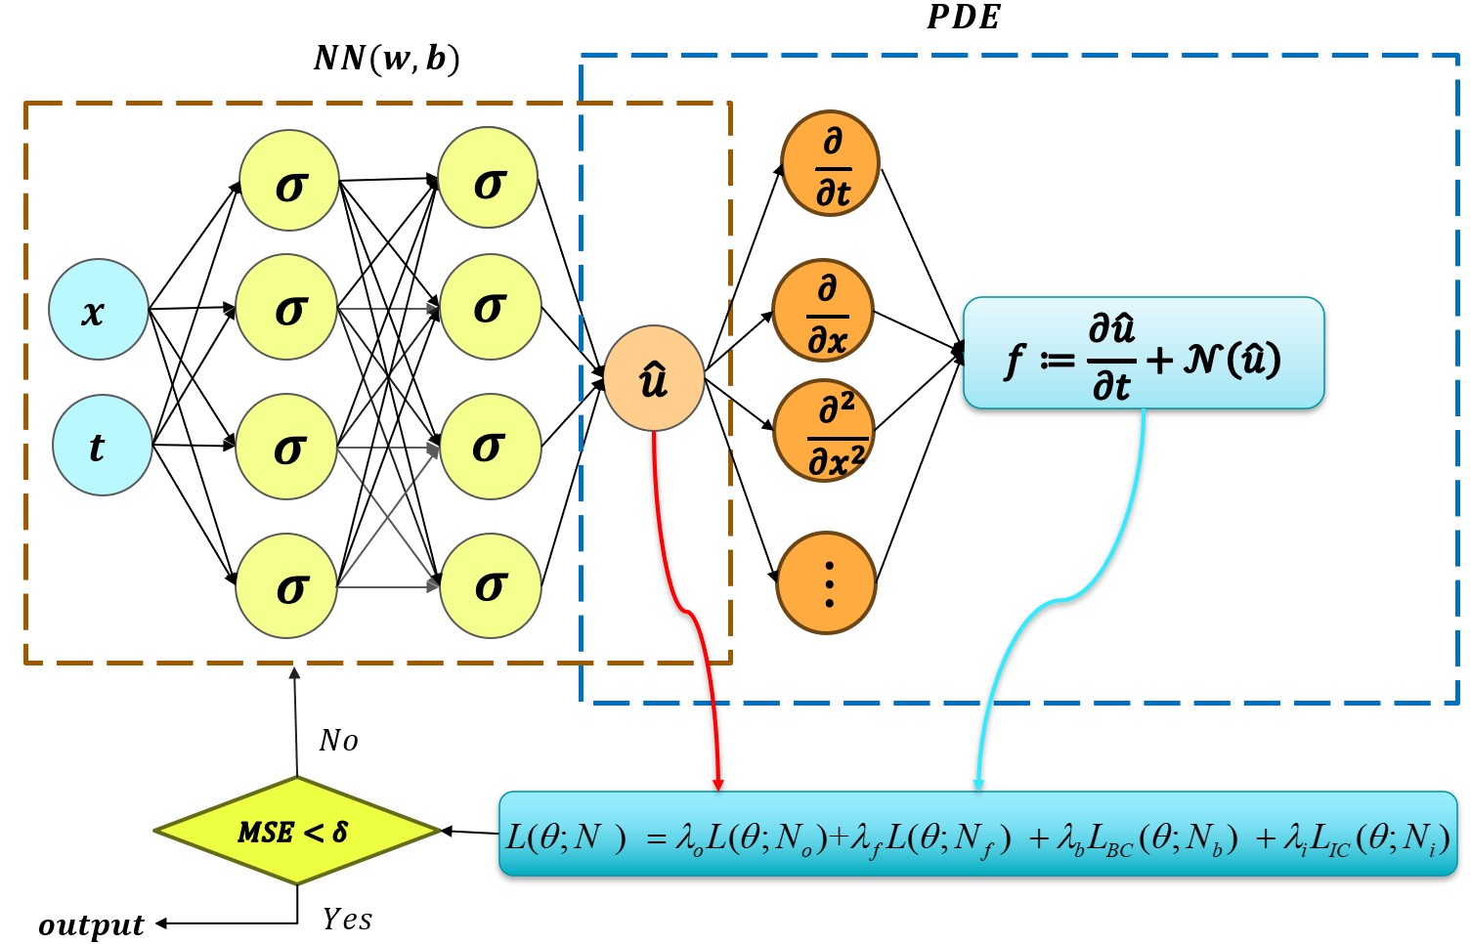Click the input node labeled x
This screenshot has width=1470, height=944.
pyautogui.click(x=98, y=309)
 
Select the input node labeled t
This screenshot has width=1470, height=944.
pyautogui.click(x=102, y=446)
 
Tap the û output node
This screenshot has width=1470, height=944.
pyautogui.click(x=654, y=378)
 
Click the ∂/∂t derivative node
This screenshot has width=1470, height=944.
pyautogui.click(x=830, y=163)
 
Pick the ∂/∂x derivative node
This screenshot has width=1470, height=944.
pyautogui.click(x=823, y=312)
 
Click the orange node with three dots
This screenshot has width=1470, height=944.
pyautogui.click(x=827, y=583)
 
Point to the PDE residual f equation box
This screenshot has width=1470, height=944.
pyautogui.click(x=1143, y=353)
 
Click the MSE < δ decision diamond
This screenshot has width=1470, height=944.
pyautogui.click(x=297, y=832)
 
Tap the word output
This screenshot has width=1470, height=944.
pyautogui.click(x=91, y=924)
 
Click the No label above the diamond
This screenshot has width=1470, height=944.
pyautogui.click(x=338, y=741)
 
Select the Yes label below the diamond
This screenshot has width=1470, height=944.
pyautogui.click(x=347, y=919)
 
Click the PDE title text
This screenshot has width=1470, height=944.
pyautogui.click(x=963, y=17)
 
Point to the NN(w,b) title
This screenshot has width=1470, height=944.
pyautogui.click(x=386, y=59)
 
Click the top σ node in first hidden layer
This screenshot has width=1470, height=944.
pyautogui.click(x=289, y=181)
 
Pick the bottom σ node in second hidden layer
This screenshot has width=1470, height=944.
pyautogui.click(x=490, y=585)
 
